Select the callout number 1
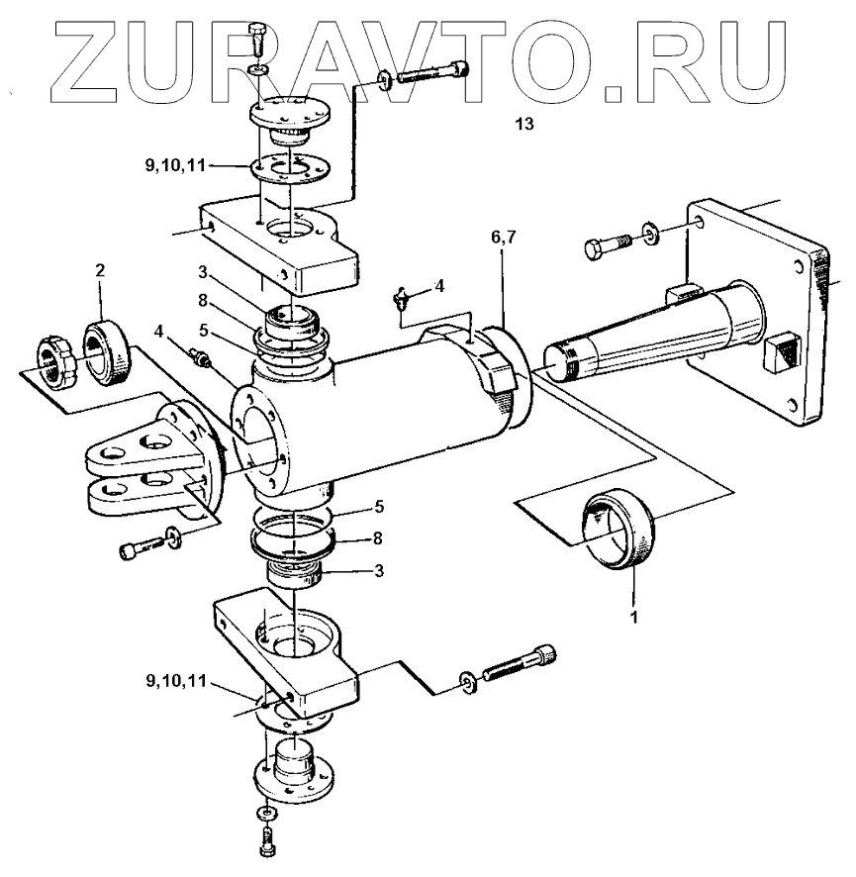tap(633, 615)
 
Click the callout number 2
tap(99, 269)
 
